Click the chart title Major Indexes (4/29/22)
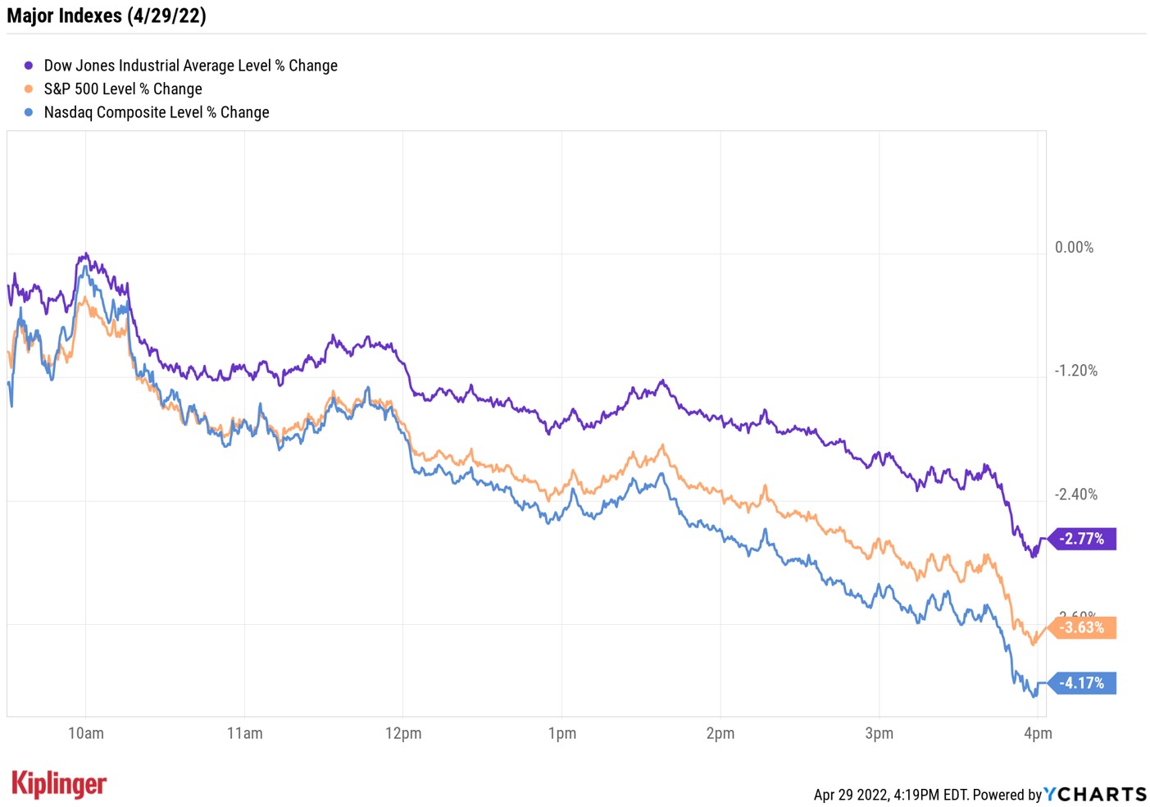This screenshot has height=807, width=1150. [107, 16]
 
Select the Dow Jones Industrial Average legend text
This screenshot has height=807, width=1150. [190, 66]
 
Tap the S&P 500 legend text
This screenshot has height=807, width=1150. [123, 89]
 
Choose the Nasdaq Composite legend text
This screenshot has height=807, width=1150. [157, 112]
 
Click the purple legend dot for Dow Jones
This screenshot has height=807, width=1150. [29, 66]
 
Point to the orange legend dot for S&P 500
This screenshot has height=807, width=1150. [29, 89]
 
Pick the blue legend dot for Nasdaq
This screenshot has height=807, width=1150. [29, 112]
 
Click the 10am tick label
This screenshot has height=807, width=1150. [85, 733]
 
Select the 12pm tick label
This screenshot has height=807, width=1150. [403, 733]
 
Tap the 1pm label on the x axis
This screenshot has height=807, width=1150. [561, 733]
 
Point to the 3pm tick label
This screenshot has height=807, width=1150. [879, 733]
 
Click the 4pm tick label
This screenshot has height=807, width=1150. [1038, 733]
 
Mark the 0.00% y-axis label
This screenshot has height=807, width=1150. [1074, 248]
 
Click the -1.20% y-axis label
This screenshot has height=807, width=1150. [1075, 371]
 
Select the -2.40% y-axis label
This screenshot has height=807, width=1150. [1075, 495]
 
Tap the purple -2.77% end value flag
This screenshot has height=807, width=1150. [1083, 539]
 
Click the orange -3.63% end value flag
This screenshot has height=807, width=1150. [1083, 627]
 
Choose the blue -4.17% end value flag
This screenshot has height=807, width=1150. [1083, 683]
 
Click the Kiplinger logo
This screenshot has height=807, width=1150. [59, 784]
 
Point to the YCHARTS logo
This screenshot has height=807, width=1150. [1095, 794]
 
